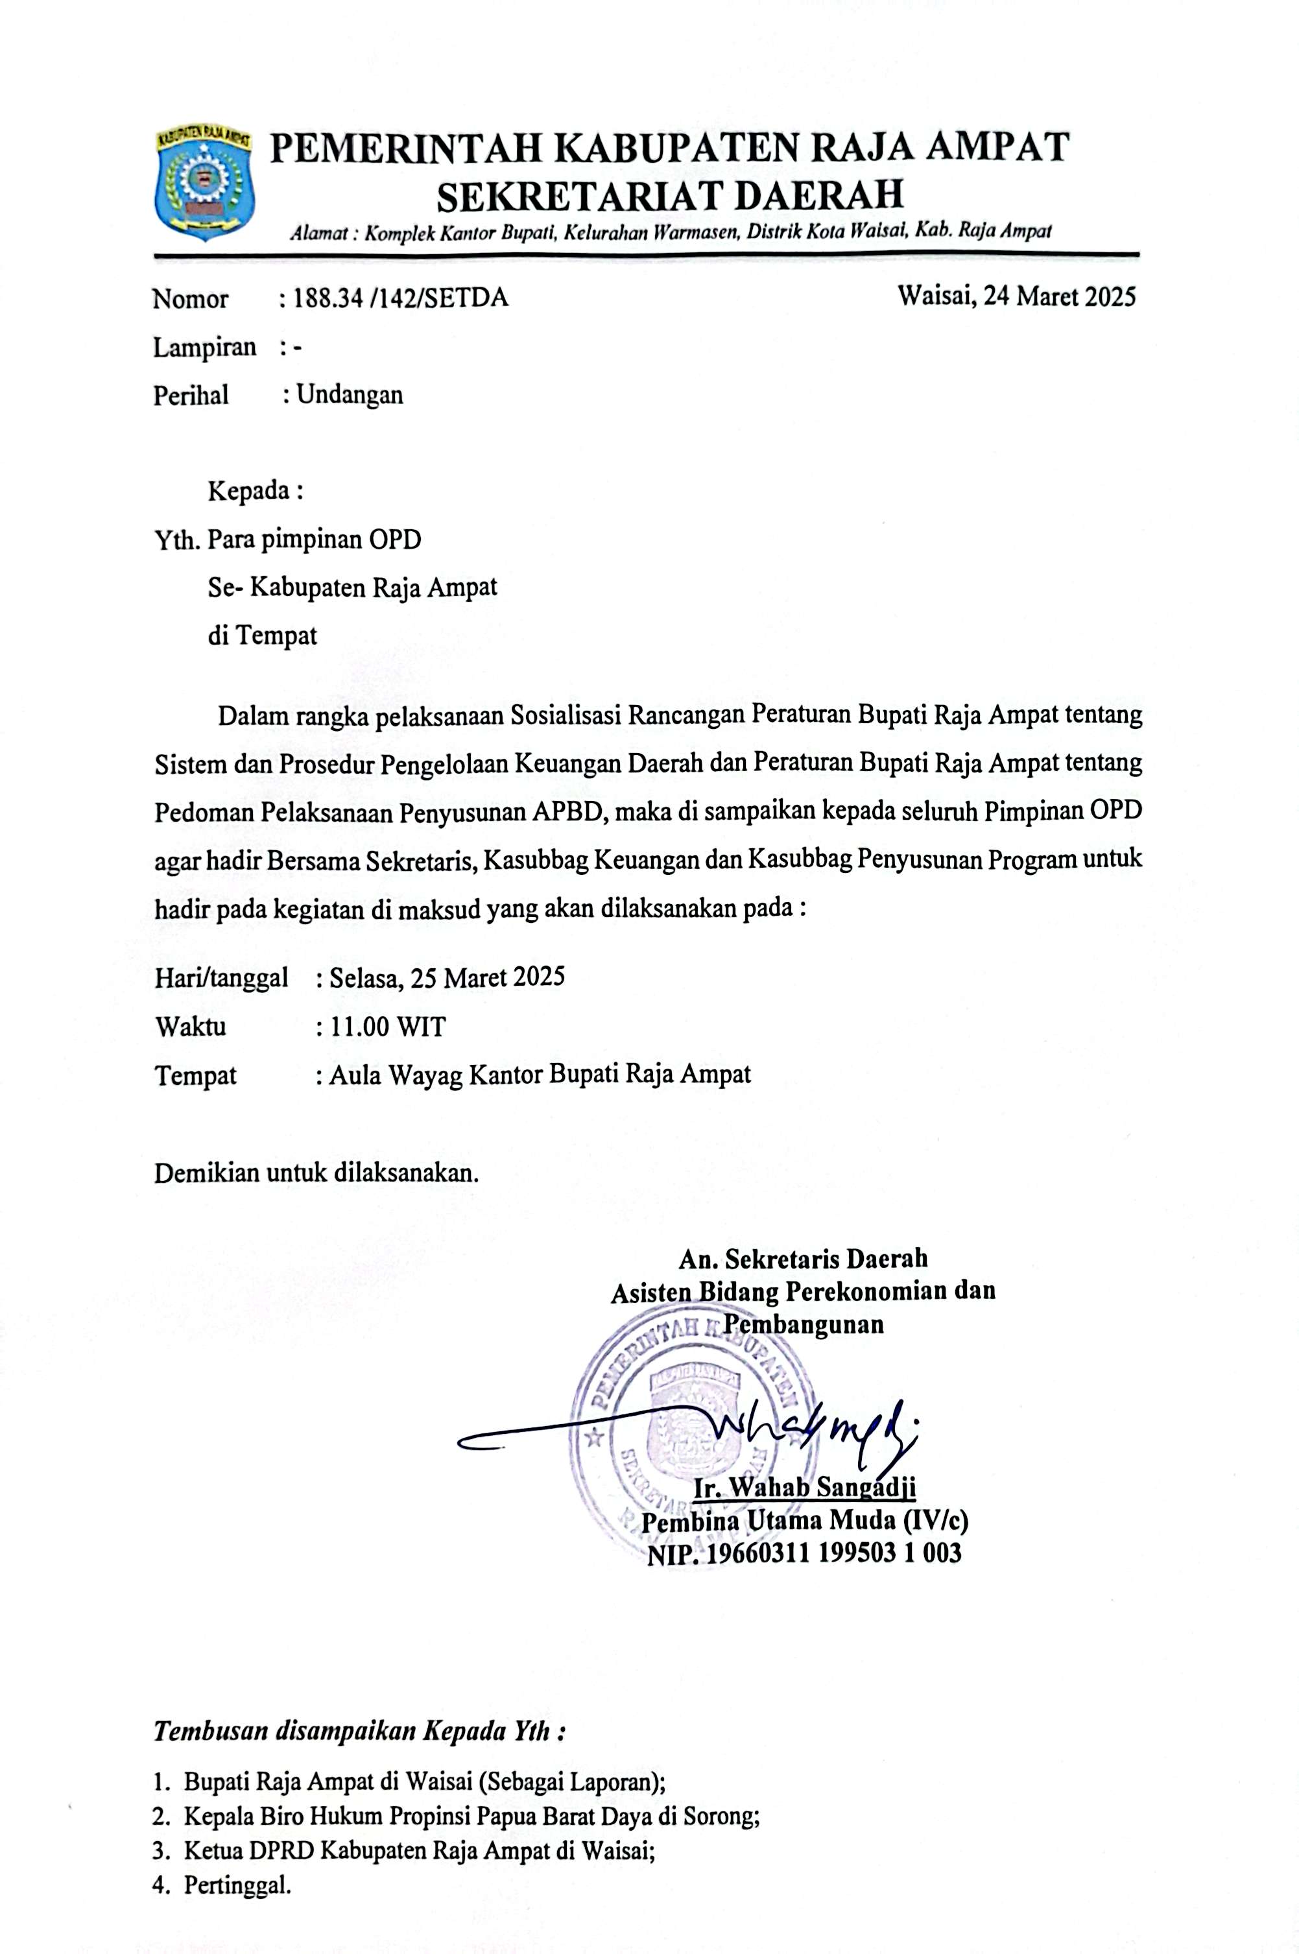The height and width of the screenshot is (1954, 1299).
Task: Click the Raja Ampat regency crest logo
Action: click(x=205, y=182)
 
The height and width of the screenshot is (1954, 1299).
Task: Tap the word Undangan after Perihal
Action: click(x=350, y=394)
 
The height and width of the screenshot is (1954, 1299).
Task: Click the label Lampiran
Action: click(x=205, y=347)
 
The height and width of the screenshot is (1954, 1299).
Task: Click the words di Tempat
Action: click(x=263, y=636)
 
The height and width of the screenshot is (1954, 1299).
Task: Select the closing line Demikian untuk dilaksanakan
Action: click(x=316, y=1174)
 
